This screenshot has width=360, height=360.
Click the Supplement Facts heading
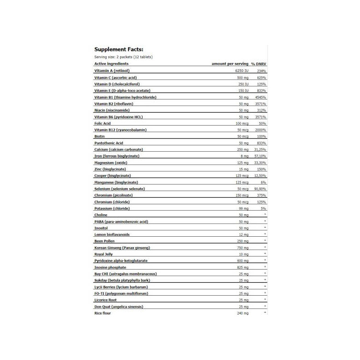pos(119,49)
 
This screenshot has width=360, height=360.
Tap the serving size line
pos(123,57)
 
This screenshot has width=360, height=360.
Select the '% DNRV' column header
pos(259,64)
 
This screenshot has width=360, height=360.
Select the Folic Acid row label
pos(103,123)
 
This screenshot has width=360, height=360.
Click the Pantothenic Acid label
pos(109,143)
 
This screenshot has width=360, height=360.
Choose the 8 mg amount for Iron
pos(244,156)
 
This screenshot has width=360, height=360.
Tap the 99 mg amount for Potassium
pos(243,208)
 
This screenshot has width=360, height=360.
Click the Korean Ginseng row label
pos(122,247)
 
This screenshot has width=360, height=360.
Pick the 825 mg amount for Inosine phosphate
pos(243,267)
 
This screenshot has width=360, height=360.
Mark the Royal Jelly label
pos(103,254)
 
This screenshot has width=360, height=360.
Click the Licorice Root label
pos(105,300)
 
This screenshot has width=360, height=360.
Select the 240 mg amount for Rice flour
pos(243,313)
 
